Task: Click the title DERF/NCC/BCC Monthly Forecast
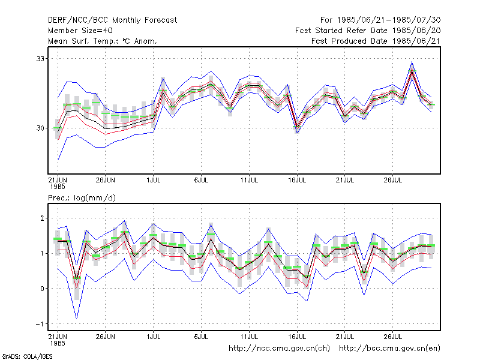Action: point(112,20)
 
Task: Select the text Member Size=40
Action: point(80,31)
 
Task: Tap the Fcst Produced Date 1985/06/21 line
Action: point(376,41)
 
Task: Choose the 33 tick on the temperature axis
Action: point(40,58)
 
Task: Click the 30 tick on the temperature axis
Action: point(40,128)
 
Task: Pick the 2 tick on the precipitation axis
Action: point(42,218)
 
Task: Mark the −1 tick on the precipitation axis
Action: point(40,324)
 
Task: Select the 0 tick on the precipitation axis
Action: point(42,289)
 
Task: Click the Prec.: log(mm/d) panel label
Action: point(82,198)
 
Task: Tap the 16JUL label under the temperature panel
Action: point(297,180)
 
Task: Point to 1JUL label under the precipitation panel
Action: point(154,337)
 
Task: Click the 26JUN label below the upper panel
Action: point(106,180)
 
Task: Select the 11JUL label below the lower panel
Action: point(249,337)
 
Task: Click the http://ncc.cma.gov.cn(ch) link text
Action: point(279,349)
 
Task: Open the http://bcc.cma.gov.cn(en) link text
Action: point(389,349)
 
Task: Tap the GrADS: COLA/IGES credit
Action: point(27,356)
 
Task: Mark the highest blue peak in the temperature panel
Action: point(412,62)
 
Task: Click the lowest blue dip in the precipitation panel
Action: point(77,318)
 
